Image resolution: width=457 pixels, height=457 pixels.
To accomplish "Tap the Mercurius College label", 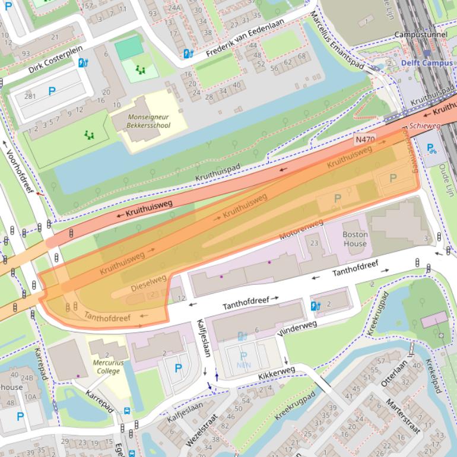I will (x=106, y=366).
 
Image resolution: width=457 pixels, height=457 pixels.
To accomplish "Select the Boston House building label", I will (x=355, y=239).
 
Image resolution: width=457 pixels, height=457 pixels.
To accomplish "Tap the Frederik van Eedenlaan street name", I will (x=245, y=37).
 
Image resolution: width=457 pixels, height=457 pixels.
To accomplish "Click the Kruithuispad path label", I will (x=220, y=173).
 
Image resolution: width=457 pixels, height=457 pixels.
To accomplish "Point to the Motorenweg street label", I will (x=301, y=230).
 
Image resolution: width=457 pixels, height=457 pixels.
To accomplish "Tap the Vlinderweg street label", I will (x=297, y=329).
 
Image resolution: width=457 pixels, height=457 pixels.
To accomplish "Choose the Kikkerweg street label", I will (x=276, y=373).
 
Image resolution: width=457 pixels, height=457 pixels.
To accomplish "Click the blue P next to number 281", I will (x=52, y=91).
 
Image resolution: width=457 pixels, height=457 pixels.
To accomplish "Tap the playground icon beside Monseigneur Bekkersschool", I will (x=140, y=70).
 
